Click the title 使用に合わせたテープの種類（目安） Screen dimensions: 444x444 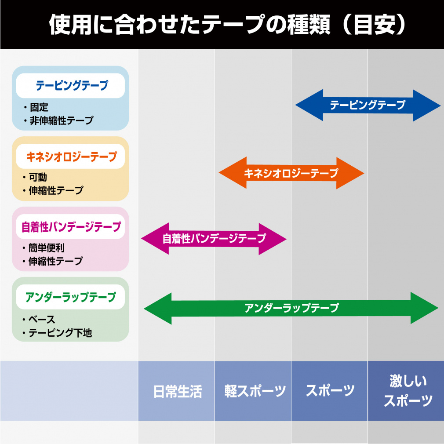[228, 25]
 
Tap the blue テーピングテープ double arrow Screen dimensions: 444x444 [368, 105]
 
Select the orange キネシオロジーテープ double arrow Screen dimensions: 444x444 [291, 173]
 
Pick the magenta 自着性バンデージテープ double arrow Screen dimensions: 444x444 [214, 239]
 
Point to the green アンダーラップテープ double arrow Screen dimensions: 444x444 [291, 308]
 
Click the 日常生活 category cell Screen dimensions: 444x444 [176, 391]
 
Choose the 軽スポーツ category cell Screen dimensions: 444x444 [253, 391]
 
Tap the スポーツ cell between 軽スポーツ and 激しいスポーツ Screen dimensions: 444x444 [330, 391]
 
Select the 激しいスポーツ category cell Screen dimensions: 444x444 [406, 391]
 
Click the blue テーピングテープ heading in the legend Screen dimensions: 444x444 [72, 85]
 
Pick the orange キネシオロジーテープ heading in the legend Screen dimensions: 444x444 [72, 156]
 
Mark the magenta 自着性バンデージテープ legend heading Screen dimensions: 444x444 [71, 227]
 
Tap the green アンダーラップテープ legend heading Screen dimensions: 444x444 [71, 297]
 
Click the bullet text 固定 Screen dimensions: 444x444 [39, 107]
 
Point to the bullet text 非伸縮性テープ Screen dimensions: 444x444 [62, 120]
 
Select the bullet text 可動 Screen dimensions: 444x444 [38, 177]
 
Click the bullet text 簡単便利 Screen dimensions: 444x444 [47, 248]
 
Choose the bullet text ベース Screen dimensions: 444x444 [42, 320]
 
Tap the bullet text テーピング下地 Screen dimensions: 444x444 [60, 333]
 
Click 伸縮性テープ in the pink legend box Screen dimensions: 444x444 [55, 261]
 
